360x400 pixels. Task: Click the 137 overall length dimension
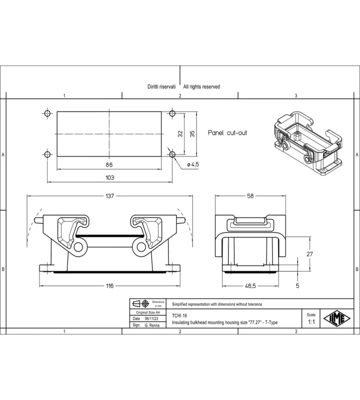tap(109, 196)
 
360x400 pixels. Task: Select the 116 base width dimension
tap(109, 285)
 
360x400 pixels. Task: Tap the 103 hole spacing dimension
tap(110, 177)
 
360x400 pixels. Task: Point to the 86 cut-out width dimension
tap(109, 164)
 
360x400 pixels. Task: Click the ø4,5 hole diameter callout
tap(193, 164)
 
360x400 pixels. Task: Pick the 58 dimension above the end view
tap(250, 195)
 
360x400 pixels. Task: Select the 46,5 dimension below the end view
tap(250, 285)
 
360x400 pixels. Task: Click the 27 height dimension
tap(309, 254)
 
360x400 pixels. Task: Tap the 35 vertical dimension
tap(192, 133)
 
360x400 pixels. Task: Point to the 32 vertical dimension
tap(180, 133)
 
